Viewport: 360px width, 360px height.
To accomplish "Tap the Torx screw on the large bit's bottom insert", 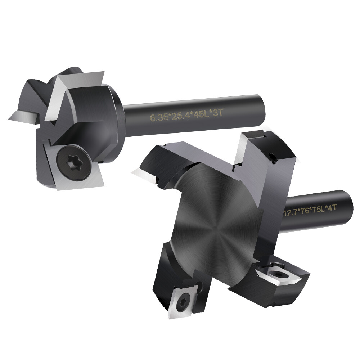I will tap(184, 298).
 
